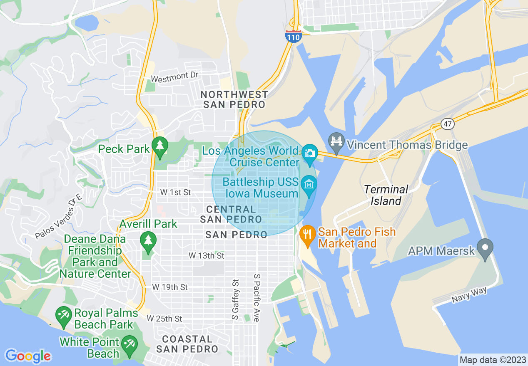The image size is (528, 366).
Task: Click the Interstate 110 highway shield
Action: [x=294, y=36]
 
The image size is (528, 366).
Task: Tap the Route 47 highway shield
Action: [x=447, y=124]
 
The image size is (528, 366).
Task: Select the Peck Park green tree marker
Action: [x=159, y=147]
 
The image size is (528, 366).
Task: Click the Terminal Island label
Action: [x=386, y=195]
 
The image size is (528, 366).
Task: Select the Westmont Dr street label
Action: [x=175, y=77]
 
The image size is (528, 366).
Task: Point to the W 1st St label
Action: [x=176, y=192]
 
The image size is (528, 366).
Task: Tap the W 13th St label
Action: [x=206, y=255]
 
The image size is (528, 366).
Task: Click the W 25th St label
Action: [x=164, y=319]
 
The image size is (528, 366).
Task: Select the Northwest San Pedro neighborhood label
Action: [x=234, y=99]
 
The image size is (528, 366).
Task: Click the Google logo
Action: [x=28, y=356]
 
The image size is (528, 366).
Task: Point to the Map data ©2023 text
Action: [x=492, y=360]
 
